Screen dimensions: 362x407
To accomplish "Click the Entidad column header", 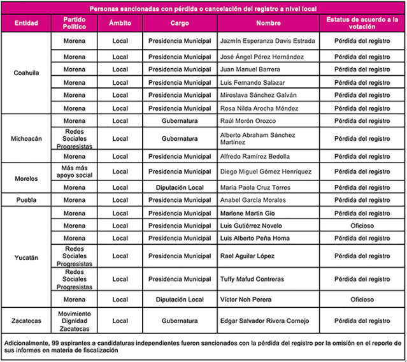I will (x=25, y=23).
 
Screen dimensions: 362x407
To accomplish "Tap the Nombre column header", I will (x=268, y=23).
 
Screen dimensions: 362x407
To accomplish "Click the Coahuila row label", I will (x=26, y=73).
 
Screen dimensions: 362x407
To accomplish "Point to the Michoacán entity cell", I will (x=26, y=138).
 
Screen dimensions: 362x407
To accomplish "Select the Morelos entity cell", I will (x=26, y=179).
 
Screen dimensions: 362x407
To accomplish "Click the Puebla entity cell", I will (x=26, y=200).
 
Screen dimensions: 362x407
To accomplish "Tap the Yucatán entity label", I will (x=26, y=257).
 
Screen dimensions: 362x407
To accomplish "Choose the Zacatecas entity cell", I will (x=26, y=321).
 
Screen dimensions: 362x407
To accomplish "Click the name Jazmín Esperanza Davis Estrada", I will (x=267, y=41).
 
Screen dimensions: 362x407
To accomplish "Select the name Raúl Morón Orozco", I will (x=248, y=120).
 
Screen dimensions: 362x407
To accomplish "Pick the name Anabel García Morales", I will (x=252, y=200).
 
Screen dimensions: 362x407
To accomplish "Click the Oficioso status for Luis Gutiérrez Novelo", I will (x=362, y=226).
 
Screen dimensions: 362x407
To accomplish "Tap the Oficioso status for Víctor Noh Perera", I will (x=362, y=300).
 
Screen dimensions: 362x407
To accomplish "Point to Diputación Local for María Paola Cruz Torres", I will (x=180, y=188).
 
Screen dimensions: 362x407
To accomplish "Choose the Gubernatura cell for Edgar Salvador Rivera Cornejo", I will (x=180, y=321).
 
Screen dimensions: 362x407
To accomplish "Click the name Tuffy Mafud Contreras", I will (x=253, y=279).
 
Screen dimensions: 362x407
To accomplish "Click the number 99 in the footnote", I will (x=57, y=343).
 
